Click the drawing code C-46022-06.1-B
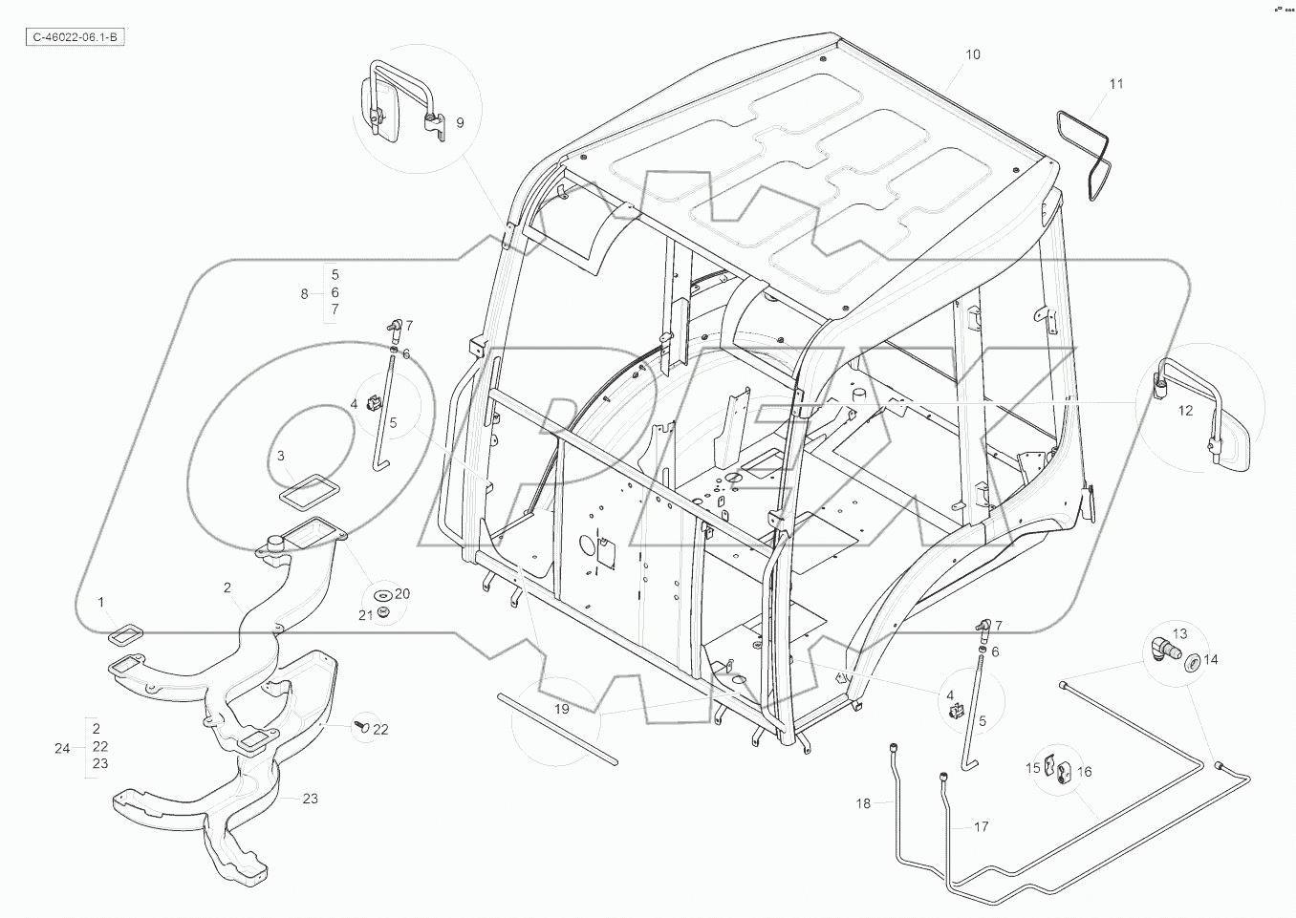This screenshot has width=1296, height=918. pos(75,37)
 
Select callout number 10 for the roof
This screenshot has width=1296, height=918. pos(972,55)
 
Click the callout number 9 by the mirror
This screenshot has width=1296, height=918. pos(459,123)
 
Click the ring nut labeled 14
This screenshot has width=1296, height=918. pos(1192,663)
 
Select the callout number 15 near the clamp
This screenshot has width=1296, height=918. pos(1033,768)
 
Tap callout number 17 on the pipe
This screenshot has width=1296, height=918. pos(981,827)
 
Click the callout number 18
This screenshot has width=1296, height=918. pos(863,804)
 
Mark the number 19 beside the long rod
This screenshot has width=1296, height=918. pos(561,709)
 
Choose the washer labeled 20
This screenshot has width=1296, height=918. pos(384,597)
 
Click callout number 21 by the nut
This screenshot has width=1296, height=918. pos(365,616)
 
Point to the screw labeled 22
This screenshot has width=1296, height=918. pos(362,727)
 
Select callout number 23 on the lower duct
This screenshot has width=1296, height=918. pos(310,799)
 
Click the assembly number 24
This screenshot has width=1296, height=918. pos(62,749)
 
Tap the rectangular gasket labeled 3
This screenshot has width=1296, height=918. pos(304,494)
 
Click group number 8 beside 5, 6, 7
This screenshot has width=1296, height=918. pos(305,294)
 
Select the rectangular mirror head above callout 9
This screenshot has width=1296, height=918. pos(373,103)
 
